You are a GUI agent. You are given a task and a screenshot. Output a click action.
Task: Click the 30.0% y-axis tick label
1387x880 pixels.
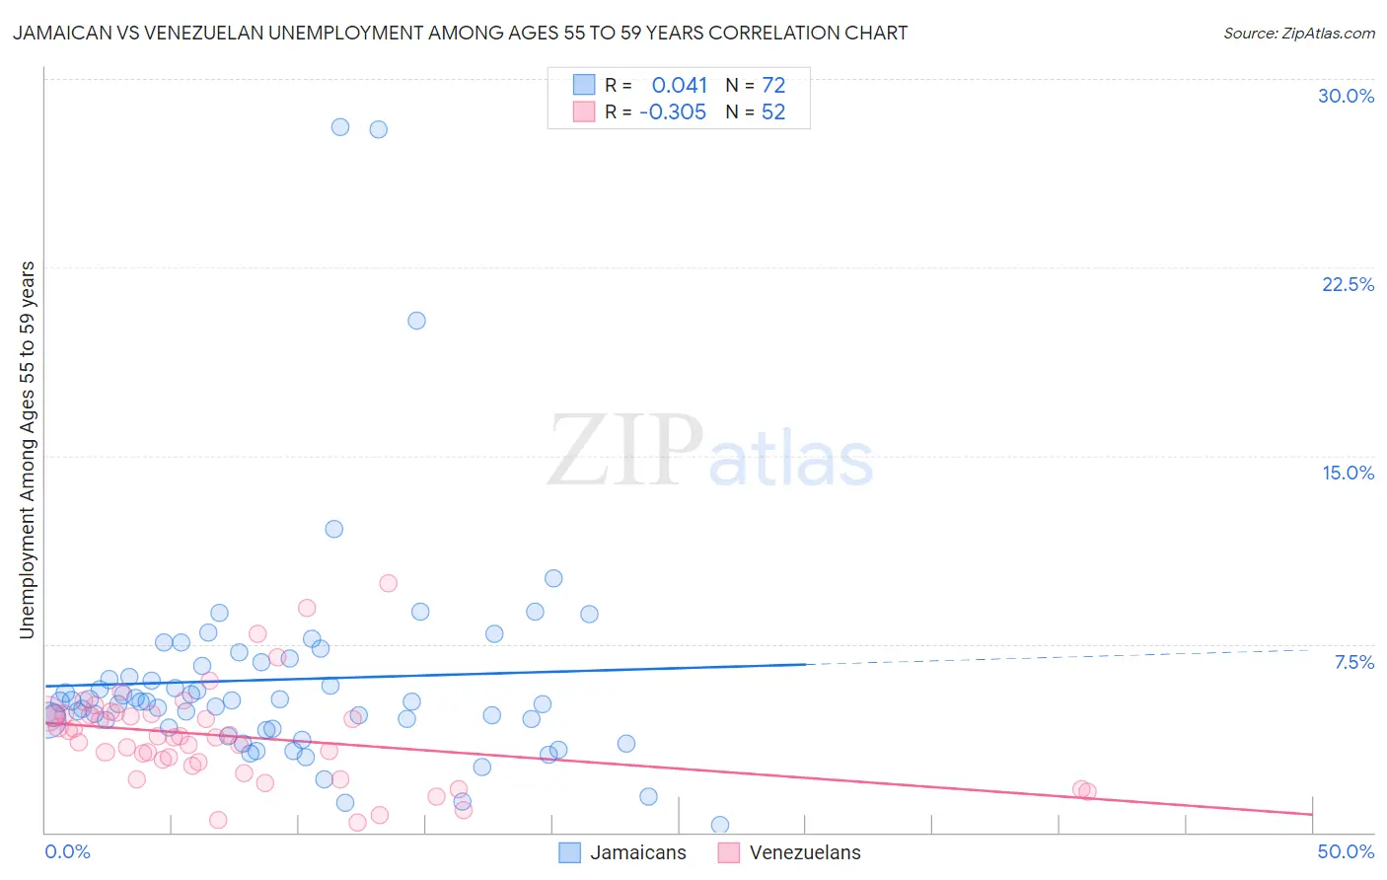[x=1346, y=96]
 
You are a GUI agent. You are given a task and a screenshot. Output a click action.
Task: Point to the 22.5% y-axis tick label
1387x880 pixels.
[x=1348, y=284]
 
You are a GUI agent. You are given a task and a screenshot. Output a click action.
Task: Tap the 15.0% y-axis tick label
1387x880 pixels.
[x=1348, y=473]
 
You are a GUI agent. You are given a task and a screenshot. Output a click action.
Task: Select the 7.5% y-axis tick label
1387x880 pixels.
[x=1353, y=662]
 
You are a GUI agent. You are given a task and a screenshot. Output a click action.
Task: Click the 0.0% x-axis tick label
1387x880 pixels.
[x=67, y=851]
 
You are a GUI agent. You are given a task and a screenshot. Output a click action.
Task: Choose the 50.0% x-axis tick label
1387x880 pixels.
[x=1346, y=851]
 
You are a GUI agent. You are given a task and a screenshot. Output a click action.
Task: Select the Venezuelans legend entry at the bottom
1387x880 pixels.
[x=788, y=852]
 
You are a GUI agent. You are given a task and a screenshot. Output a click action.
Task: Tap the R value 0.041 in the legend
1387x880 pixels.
[x=680, y=86]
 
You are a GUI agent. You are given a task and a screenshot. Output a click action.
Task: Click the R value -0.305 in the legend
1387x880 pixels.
[x=673, y=112]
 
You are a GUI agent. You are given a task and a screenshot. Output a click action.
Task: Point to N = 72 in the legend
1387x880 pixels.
[x=756, y=86]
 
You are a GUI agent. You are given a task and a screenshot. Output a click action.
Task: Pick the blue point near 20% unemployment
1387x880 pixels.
[x=416, y=321]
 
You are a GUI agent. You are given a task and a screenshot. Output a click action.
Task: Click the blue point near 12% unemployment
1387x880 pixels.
[x=334, y=529]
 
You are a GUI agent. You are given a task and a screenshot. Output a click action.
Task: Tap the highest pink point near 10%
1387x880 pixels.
[x=388, y=583]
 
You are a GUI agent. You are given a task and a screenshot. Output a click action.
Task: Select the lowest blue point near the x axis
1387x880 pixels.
[x=720, y=825]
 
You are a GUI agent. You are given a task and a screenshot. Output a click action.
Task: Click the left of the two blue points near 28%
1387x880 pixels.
[x=340, y=126]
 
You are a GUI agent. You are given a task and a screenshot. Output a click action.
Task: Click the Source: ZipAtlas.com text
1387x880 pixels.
[x=1298, y=33]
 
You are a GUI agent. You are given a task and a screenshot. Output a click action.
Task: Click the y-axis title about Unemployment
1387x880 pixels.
[x=28, y=449]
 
